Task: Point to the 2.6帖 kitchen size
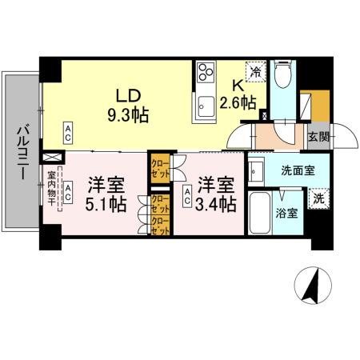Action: coord(239,103)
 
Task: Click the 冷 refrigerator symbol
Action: coord(256,71)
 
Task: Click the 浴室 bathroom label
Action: coord(287,214)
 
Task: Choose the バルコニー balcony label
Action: coord(22,153)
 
